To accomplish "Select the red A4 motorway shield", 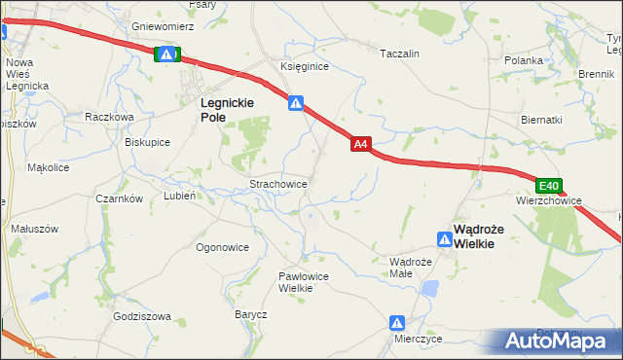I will pyautogui.click(x=360, y=144).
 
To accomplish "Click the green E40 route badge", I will pyautogui.click(x=549, y=186).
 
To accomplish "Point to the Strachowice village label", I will pyautogui.click(x=279, y=183).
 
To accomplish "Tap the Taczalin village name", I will pyautogui.click(x=399, y=54).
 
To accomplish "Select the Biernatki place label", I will pyautogui.click(x=541, y=120).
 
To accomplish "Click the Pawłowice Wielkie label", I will pyautogui.click(x=302, y=281).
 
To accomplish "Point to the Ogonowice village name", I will pyautogui.click(x=222, y=247).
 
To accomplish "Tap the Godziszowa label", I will pyautogui.click(x=142, y=316).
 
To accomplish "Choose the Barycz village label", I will pyautogui.click(x=250, y=314).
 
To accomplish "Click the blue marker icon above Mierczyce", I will pyautogui.click(x=397, y=322).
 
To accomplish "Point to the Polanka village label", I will pyautogui.click(x=524, y=60).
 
